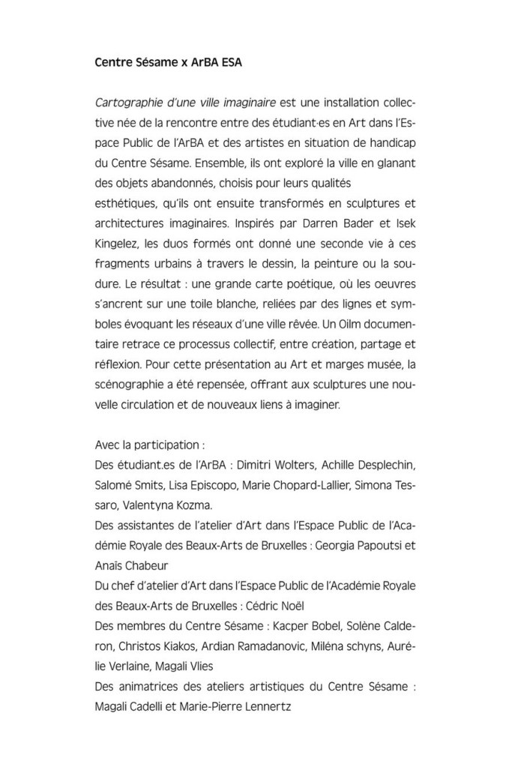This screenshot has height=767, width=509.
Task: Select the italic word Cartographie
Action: click(125, 100)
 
